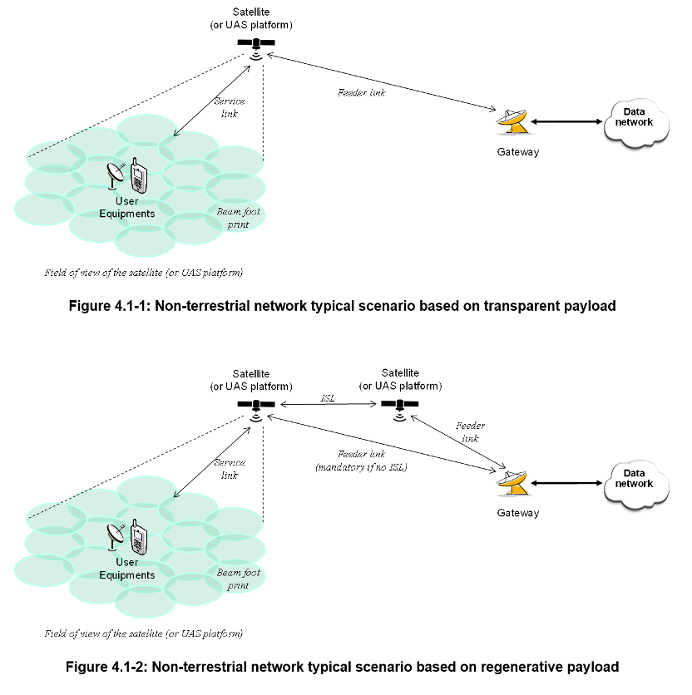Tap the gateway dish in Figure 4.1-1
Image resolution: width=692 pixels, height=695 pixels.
pyautogui.click(x=512, y=123)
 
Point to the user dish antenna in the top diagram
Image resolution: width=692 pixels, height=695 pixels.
pyautogui.click(x=117, y=177)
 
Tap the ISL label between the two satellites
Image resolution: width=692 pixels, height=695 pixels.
pyautogui.click(x=329, y=398)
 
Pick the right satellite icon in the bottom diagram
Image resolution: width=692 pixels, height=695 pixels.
pyautogui.click(x=400, y=405)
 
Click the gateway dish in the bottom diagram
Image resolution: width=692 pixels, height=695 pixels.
pyautogui.click(x=512, y=484)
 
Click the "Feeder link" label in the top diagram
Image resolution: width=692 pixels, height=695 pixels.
pyautogui.click(x=361, y=93)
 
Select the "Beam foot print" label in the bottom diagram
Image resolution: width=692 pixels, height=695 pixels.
pyautogui.click(x=239, y=579)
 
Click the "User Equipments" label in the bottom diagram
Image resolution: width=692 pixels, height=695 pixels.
pyautogui.click(x=127, y=569)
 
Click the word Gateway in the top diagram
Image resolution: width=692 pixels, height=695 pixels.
pyautogui.click(x=518, y=152)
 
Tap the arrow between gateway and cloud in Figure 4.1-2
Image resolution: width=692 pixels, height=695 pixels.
pyautogui.click(x=566, y=483)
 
